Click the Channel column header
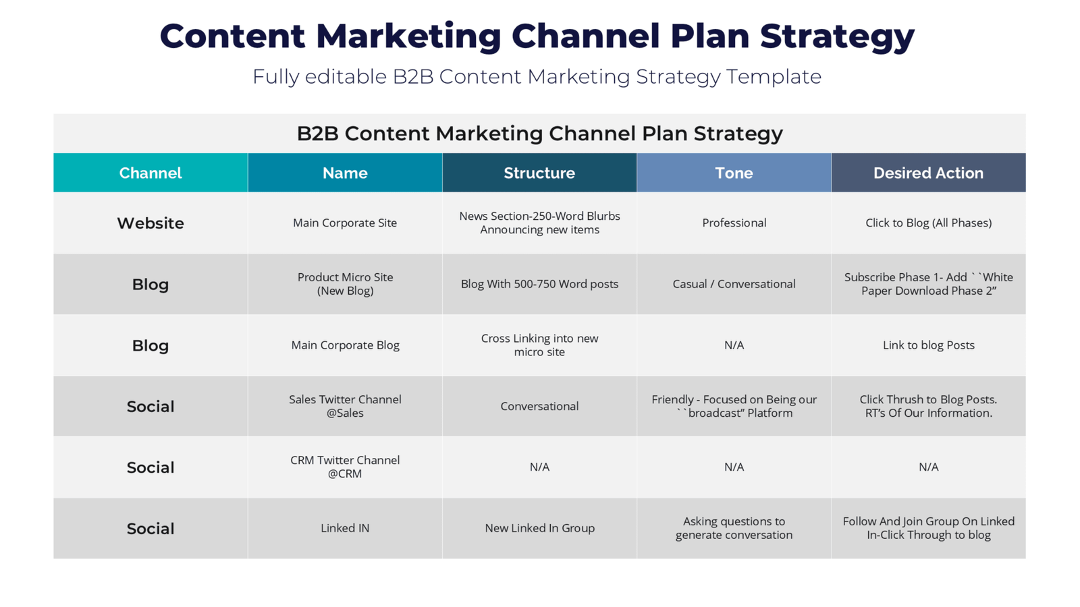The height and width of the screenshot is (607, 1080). (151, 173)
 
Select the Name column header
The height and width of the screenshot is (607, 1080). (345, 173)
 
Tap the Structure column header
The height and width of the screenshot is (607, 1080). (539, 173)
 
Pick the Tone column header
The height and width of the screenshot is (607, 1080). (734, 173)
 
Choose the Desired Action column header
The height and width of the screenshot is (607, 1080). (929, 173)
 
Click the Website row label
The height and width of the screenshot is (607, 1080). (151, 223)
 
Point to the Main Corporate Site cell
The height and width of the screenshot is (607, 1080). (345, 223)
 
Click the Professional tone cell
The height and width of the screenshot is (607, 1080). (734, 223)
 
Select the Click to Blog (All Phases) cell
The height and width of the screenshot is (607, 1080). (929, 223)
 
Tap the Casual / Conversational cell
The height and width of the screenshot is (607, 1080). (734, 284)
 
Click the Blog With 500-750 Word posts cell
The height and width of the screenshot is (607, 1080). (539, 284)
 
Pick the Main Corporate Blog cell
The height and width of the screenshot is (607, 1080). (345, 345)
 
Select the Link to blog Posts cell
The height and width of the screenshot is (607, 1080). (929, 345)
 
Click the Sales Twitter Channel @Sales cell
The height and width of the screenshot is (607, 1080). (345, 406)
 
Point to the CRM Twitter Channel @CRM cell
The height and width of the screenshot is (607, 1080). (345, 467)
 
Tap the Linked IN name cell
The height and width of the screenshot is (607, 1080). (345, 528)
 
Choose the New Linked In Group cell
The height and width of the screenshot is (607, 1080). (539, 528)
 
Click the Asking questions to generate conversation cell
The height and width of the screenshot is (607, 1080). (734, 528)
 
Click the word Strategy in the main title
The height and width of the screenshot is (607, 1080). (838, 36)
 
